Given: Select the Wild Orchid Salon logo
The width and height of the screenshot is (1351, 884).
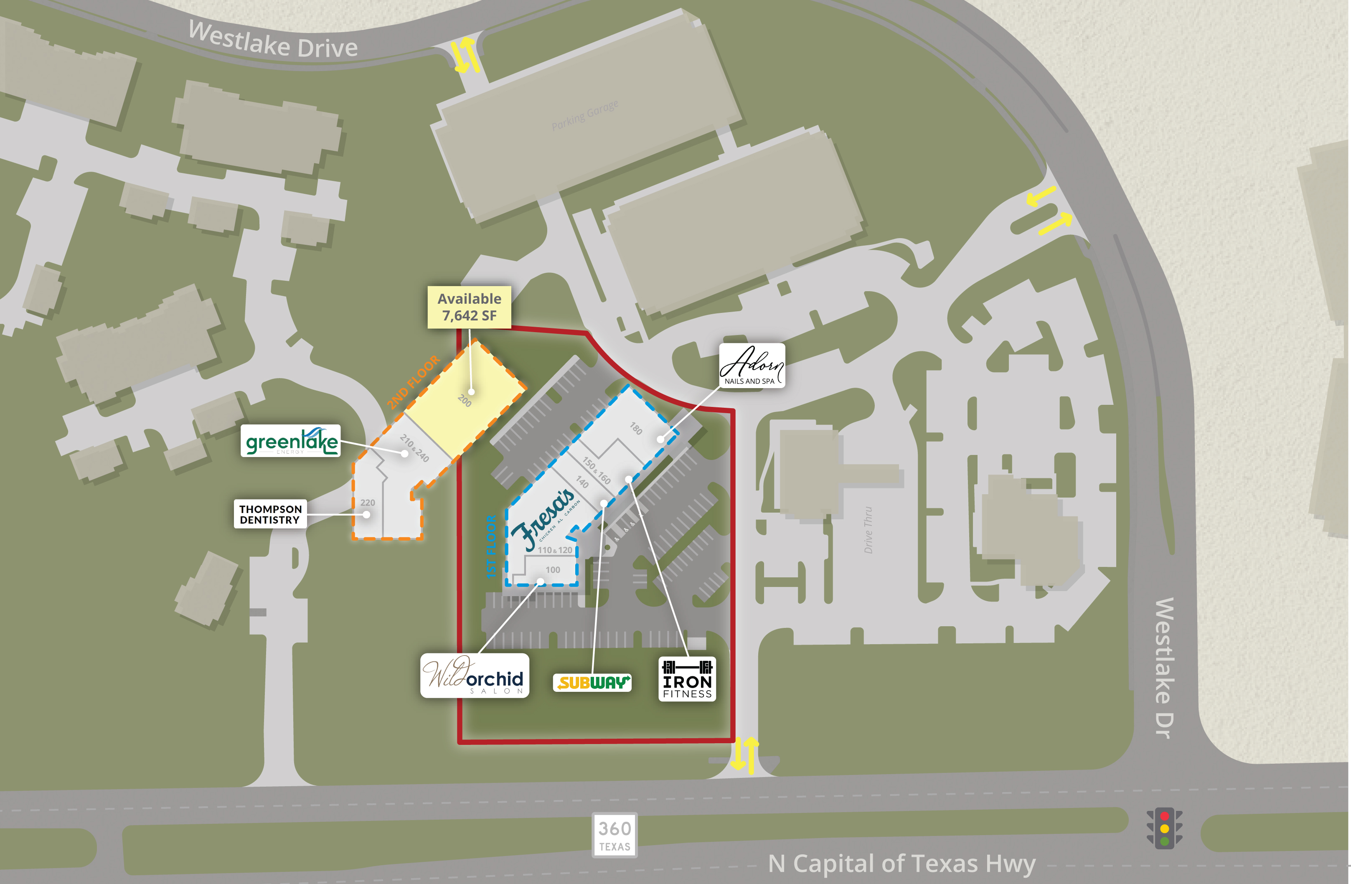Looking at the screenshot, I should tap(475, 676).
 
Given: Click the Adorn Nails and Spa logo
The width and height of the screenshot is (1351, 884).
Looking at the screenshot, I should tap(752, 366).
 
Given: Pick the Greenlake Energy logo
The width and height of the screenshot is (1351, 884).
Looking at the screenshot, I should tap(291, 441).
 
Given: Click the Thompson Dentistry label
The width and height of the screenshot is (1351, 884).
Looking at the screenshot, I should tap(270, 514).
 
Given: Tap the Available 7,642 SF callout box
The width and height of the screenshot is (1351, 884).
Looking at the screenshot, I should tap(470, 307).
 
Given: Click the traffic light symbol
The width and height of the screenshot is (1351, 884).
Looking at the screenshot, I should tap(1164, 828).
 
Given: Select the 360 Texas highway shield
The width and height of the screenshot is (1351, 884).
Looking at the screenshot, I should tap(615, 835).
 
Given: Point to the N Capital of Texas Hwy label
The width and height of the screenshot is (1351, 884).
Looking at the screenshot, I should tap(902, 864).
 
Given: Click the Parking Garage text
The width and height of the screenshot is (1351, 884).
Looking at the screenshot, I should tap(585, 116).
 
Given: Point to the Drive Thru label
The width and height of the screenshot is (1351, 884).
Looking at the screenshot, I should tap(868, 530).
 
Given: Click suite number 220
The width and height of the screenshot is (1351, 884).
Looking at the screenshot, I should tap(367, 503).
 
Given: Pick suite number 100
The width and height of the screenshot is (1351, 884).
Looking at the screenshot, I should tap(552, 569).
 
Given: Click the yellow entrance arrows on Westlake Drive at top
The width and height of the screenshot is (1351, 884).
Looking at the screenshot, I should tap(465, 55).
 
